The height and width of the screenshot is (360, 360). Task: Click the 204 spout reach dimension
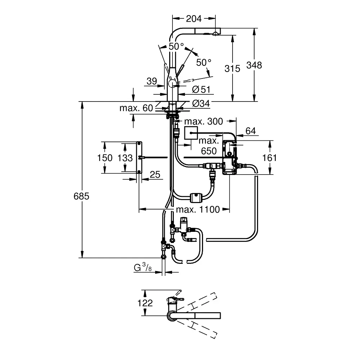click(194, 19)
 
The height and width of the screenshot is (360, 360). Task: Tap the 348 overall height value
click(255, 65)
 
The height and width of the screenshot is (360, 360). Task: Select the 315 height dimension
click(232, 68)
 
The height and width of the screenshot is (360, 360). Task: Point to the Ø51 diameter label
click(201, 89)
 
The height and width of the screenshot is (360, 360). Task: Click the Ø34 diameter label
click(201, 103)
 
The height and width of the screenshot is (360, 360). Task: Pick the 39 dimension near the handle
click(152, 81)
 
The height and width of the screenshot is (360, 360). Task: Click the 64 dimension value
click(251, 131)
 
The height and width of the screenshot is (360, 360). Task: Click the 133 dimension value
click(125, 158)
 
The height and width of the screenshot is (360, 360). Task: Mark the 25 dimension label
click(154, 175)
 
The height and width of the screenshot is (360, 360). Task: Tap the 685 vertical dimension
click(81, 196)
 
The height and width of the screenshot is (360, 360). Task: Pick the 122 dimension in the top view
click(145, 303)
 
